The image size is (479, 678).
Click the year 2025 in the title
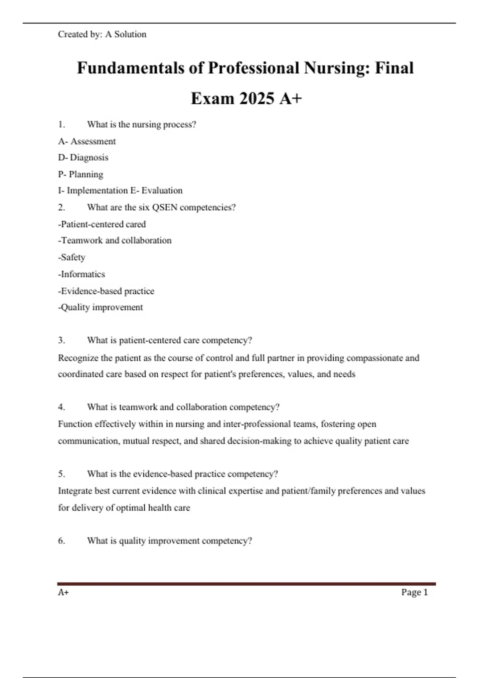pyautogui.click(x=257, y=99)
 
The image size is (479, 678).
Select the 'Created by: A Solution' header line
pyautogui.click(x=102, y=34)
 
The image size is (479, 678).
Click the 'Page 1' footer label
pyautogui.click(x=414, y=592)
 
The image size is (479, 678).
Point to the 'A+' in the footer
pyautogui.click(x=63, y=592)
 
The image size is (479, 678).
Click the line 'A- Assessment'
pyautogui.click(x=87, y=141)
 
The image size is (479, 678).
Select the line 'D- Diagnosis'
pyautogui.click(x=83, y=158)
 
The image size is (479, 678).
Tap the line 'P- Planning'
pyautogui.click(x=80, y=174)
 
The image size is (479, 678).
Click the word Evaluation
pyautogui.click(x=162, y=191)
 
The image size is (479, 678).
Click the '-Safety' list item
pyautogui.click(x=72, y=257)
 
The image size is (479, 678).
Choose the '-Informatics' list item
pyautogui.click(x=81, y=274)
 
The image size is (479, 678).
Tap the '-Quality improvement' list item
pyautogui.click(x=100, y=307)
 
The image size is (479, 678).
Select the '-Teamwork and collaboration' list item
pyautogui.click(x=115, y=240)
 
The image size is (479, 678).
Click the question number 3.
pyautogui.click(x=61, y=340)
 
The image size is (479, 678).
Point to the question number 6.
pyautogui.click(x=61, y=541)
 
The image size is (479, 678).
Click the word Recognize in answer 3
pyautogui.click(x=78, y=358)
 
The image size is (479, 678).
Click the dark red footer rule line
pyautogui.click(x=246, y=584)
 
